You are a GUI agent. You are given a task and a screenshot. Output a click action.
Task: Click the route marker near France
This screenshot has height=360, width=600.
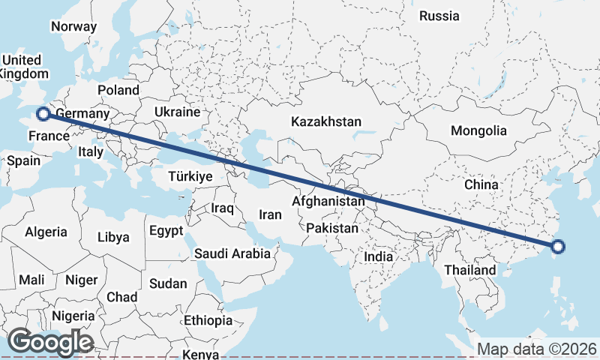tap(43, 114)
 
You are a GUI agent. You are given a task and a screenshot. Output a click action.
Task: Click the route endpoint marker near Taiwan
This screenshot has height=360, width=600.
tap(558, 246)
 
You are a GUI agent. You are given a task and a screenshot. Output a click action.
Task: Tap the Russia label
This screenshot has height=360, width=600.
tap(439, 16)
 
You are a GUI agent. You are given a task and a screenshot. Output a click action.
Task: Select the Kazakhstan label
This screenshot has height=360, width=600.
tap(327, 121)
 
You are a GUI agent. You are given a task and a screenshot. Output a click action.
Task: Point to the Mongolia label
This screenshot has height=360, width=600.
tap(478, 130)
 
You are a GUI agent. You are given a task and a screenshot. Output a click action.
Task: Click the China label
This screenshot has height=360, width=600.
tap(481, 184)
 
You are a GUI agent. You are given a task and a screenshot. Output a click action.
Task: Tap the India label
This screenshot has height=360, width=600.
tap(379, 256)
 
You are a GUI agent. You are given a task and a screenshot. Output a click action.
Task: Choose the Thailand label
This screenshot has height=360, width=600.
tap(470, 270)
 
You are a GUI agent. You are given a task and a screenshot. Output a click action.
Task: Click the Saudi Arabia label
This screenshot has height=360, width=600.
tap(232, 253)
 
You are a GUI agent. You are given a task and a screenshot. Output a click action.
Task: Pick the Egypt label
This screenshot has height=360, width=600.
tap(166, 230)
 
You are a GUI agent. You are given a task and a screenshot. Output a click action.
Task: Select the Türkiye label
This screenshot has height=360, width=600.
tap(190, 176)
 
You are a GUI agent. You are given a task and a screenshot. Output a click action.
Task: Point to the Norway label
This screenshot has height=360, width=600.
tap(73, 27)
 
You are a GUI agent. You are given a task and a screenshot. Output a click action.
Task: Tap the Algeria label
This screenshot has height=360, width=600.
tap(46, 232)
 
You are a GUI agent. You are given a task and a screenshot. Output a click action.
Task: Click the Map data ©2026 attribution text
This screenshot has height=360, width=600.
tap(537, 349)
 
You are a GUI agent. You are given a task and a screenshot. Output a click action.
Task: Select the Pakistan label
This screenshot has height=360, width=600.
tap(332, 227)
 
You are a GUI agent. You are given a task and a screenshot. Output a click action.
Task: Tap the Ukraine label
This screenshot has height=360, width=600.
tap(177, 112)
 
